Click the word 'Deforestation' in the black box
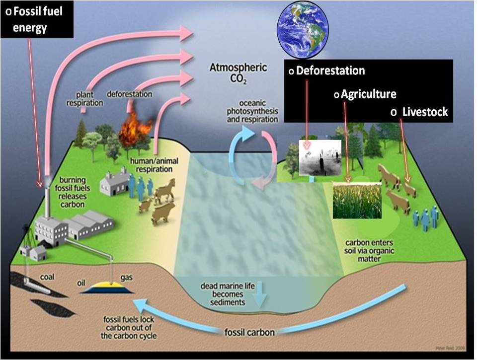[330, 71]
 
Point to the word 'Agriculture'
[368, 93]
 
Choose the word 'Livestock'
[425, 112]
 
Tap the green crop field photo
[356, 200]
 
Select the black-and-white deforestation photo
[320, 157]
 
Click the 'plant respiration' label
[85, 98]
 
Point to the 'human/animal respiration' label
[151, 165]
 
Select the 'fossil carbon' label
[249, 332]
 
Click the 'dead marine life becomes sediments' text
[222, 294]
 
